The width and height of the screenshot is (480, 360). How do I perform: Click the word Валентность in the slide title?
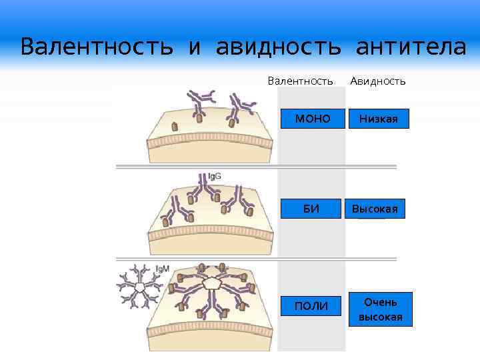96,48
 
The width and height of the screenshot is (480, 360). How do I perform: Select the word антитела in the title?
411,48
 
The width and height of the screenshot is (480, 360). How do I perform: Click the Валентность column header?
300,81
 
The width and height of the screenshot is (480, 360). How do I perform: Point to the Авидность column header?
378,81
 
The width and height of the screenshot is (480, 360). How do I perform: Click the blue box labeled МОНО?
312,119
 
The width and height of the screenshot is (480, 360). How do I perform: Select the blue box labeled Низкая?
378,119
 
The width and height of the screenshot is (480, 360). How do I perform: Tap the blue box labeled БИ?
311,209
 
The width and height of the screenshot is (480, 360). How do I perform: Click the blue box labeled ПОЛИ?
311,306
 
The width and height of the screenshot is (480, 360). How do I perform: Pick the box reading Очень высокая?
380,309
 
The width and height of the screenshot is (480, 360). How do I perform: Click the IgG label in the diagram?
215,177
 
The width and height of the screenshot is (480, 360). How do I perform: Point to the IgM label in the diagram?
162,269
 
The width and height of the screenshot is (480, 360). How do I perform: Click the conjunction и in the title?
194,48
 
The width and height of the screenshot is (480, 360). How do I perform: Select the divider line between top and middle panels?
256,166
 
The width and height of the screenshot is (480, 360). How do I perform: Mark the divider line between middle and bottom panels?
256,259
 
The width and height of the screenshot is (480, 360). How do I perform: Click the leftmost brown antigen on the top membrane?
175,126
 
